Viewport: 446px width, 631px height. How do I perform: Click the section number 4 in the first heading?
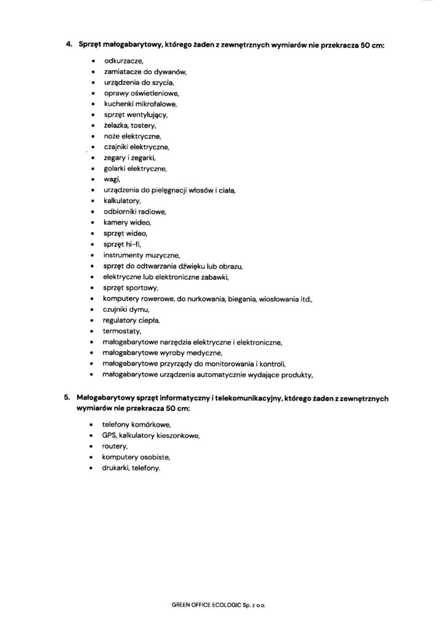pos(68,44)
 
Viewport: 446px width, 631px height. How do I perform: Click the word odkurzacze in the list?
pos(123,62)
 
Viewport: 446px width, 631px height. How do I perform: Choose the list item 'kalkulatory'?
pos(123,201)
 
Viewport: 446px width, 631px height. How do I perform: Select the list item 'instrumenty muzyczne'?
pos(142,254)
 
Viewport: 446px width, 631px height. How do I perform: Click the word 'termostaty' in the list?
pos(123,330)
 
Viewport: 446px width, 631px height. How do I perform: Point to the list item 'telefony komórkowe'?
pos(137,425)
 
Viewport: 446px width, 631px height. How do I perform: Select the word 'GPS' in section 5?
pos(110,436)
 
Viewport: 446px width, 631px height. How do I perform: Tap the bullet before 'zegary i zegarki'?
pos(92,158)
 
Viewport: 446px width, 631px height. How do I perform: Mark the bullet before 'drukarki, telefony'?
pos(92,468)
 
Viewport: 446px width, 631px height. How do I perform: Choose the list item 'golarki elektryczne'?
pos(135,169)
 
